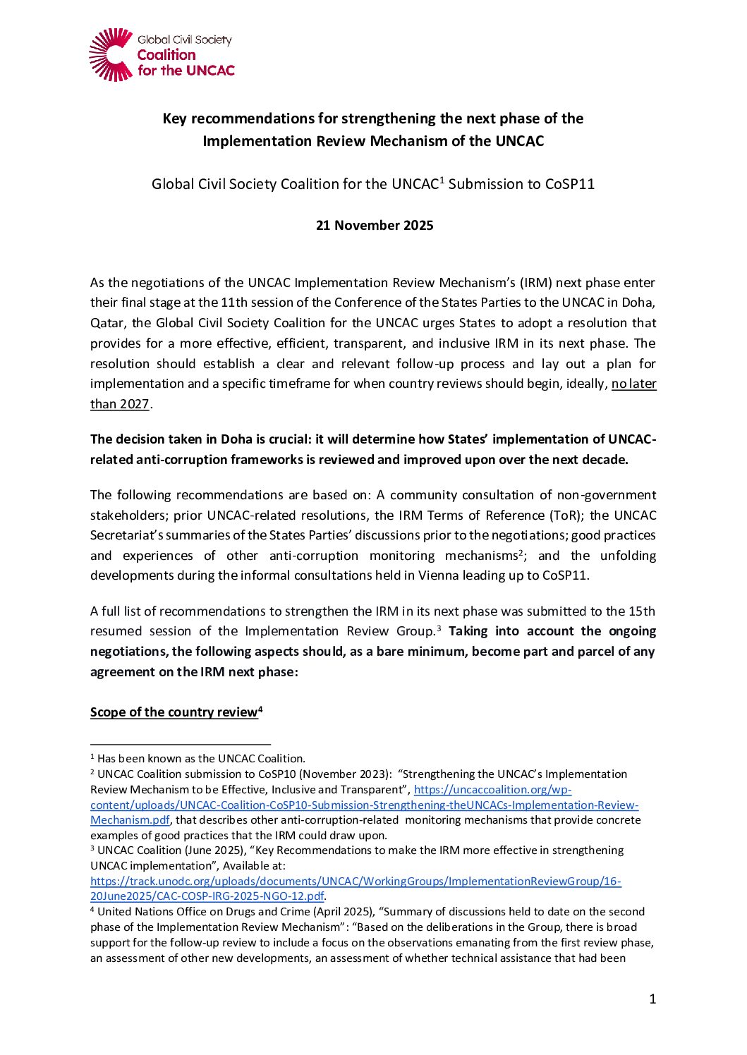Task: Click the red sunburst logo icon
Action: click(111, 54)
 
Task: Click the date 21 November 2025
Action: click(375, 226)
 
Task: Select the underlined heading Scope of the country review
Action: click(174, 712)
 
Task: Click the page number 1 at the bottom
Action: click(652, 999)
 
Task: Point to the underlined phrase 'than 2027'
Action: click(120, 404)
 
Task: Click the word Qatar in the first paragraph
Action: click(109, 323)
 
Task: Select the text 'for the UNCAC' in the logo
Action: click(186, 71)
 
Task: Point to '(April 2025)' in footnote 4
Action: click(343, 912)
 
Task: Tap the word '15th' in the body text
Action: click(643, 611)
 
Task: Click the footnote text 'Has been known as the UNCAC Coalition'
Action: click(201, 759)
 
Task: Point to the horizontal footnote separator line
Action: click(181, 743)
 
